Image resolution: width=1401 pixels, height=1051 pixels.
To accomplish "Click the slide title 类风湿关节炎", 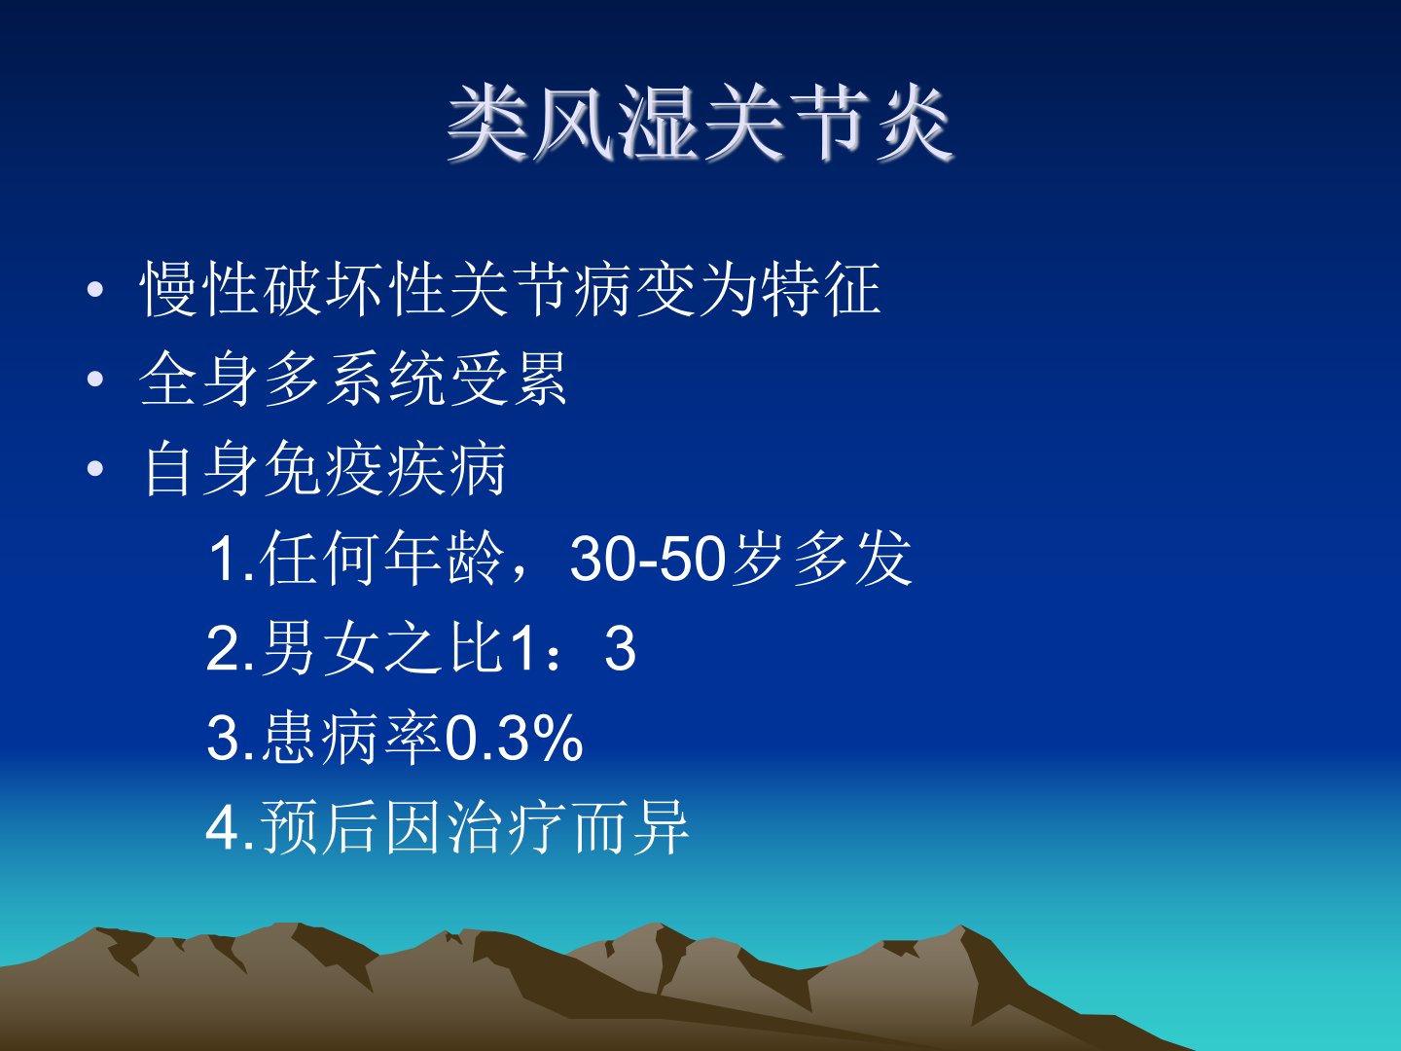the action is pyautogui.click(x=700, y=124).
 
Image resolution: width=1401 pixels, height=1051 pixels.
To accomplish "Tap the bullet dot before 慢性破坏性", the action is pyautogui.click(x=95, y=290).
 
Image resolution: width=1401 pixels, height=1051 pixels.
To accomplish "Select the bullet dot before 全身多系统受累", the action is pyautogui.click(x=95, y=380).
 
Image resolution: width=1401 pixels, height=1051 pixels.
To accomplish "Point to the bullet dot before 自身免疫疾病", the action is pyautogui.click(x=95, y=470).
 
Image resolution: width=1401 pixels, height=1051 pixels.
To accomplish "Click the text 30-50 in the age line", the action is pyautogui.click(x=649, y=560).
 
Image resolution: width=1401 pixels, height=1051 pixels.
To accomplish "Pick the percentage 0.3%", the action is pyautogui.click(x=514, y=739).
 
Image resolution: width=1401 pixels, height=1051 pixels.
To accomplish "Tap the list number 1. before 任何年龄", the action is pyautogui.click(x=232, y=560).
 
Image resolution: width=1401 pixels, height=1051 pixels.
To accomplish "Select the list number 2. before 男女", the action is pyautogui.click(x=231, y=649).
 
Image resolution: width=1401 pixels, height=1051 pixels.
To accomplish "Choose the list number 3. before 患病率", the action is pyautogui.click(x=231, y=739).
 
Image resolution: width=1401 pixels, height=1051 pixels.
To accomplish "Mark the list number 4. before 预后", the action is pyautogui.click(x=231, y=828).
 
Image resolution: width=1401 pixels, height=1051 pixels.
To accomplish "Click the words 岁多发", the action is pyautogui.click(x=820, y=559).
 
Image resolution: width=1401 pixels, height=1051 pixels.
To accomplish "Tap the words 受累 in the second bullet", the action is pyautogui.click(x=508, y=380).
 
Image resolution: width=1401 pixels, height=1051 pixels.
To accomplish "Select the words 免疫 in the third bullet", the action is pyautogui.click(x=323, y=470).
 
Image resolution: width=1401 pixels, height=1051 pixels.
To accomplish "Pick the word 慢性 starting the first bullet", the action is pyautogui.click(x=199, y=290).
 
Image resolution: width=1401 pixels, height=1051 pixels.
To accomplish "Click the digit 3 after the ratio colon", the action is pyautogui.click(x=620, y=649).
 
